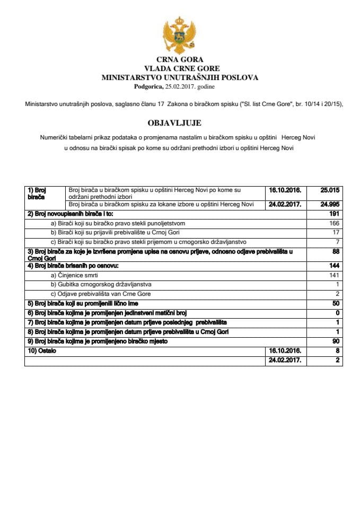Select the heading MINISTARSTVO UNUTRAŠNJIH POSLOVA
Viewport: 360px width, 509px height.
coord(180,77)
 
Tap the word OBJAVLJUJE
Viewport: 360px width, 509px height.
coord(180,123)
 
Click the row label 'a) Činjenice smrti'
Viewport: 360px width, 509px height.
coord(74,275)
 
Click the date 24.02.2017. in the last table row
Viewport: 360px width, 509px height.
coord(286,361)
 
